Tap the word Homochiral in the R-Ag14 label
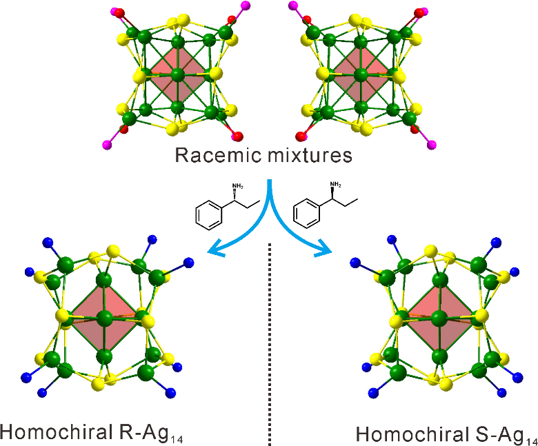(x=52, y=432)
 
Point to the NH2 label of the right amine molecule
(x=336, y=185)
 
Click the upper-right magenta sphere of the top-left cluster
(x=246, y=6)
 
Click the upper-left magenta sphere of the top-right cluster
(x=292, y=6)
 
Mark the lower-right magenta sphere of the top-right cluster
(x=432, y=144)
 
